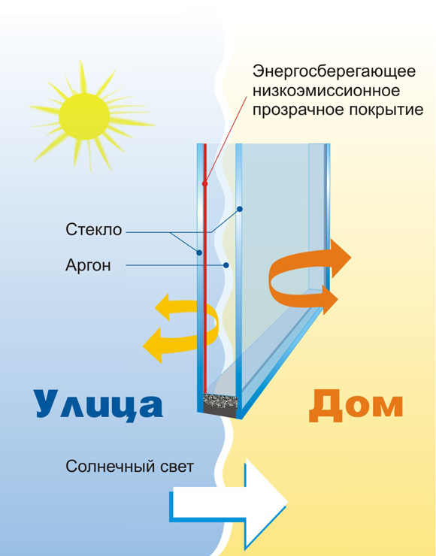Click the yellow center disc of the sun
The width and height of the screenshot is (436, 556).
84,116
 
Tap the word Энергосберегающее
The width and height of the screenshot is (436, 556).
334,71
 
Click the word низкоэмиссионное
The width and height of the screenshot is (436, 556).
326,91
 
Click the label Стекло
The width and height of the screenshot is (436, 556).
94,230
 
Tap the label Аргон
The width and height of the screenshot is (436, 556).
88,265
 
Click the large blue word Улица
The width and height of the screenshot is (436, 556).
98,404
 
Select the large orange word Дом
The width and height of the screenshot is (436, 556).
356,406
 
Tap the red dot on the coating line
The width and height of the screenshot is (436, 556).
204,183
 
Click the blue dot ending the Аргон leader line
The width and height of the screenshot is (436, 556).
226,265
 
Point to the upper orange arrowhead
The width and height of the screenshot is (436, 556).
340,258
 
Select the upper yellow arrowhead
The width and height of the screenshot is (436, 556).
164,307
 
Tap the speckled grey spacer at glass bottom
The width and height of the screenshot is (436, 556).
220,401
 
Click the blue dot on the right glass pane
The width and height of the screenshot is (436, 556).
240,209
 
